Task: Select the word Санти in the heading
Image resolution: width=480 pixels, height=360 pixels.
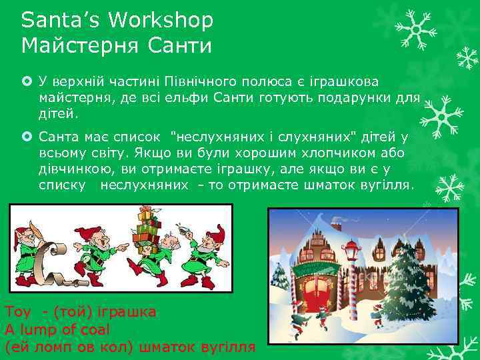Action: point(184,46)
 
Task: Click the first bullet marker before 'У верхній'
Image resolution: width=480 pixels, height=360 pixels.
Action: point(27,81)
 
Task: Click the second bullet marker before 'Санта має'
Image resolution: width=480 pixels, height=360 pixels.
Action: point(27,137)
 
